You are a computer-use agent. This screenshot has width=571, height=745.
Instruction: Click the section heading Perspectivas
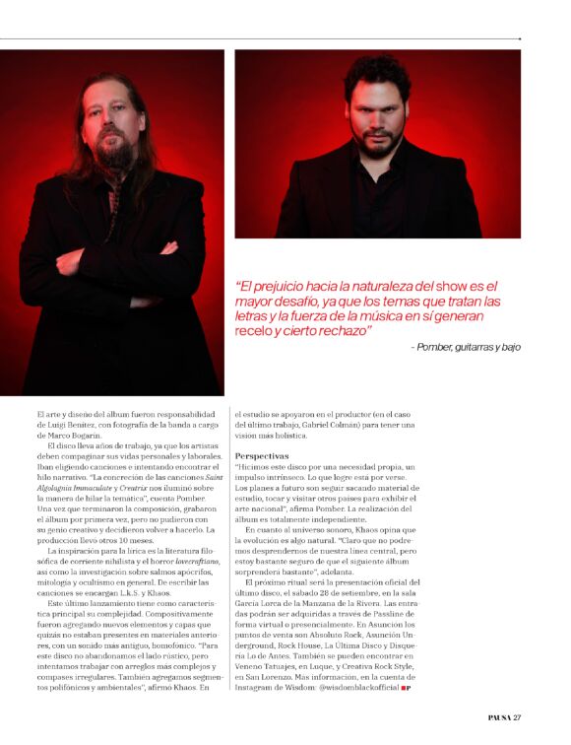[262, 456]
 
